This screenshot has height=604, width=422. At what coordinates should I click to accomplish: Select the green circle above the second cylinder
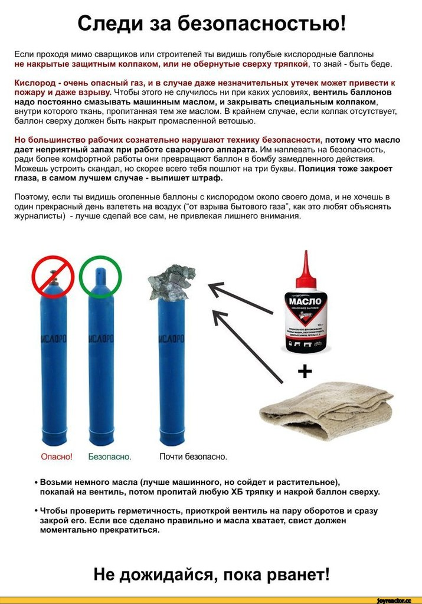click(x=100, y=276)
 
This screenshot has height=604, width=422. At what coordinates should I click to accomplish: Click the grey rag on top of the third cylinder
click(x=172, y=283)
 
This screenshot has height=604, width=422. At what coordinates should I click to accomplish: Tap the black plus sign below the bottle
click(x=305, y=371)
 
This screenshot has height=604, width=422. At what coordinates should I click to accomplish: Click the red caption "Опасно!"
click(x=57, y=457)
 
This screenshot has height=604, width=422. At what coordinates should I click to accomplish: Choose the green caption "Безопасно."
click(x=110, y=457)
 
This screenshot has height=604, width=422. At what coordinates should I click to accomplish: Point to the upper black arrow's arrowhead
click(x=214, y=287)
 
